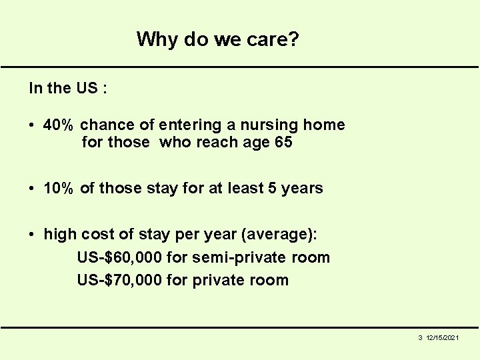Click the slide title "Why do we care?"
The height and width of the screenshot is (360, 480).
(x=217, y=39)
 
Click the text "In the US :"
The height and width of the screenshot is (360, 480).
(x=67, y=88)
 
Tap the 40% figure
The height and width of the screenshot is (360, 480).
(x=59, y=125)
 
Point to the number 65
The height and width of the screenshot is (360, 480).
(x=283, y=143)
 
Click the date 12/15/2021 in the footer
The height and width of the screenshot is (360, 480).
(x=443, y=339)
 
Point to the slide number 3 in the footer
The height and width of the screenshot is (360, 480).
(x=420, y=339)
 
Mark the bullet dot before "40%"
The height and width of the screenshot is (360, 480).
(x=32, y=125)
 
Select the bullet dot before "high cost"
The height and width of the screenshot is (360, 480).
(x=32, y=235)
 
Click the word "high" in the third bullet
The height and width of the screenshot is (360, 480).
(x=60, y=235)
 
